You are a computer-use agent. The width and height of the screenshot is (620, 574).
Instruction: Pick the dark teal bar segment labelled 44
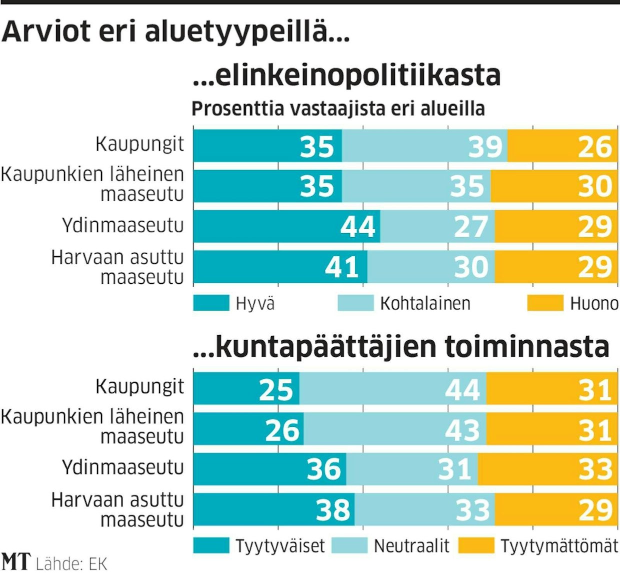click(286, 226)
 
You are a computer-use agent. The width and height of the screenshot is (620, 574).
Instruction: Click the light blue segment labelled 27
click(437, 226)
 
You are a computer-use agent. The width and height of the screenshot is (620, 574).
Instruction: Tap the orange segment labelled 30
click(553, 186)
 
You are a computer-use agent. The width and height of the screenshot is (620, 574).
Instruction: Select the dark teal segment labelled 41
click(280, 266)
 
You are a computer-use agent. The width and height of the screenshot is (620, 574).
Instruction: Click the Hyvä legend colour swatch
click(210, 303)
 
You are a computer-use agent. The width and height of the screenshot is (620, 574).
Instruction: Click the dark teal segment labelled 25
click(246, 389)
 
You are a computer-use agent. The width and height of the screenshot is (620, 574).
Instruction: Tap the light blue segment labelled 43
click(395, 429)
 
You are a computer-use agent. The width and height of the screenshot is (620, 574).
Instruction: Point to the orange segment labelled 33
click(547, 469)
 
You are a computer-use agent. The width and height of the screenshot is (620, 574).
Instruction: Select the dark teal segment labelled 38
click(274, 509)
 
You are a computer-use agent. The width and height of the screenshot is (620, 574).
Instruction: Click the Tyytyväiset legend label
click(280, 546)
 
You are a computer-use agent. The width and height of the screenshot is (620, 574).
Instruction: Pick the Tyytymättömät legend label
click(559, 546)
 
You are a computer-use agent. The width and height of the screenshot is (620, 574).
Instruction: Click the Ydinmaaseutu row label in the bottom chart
click(123, 468)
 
